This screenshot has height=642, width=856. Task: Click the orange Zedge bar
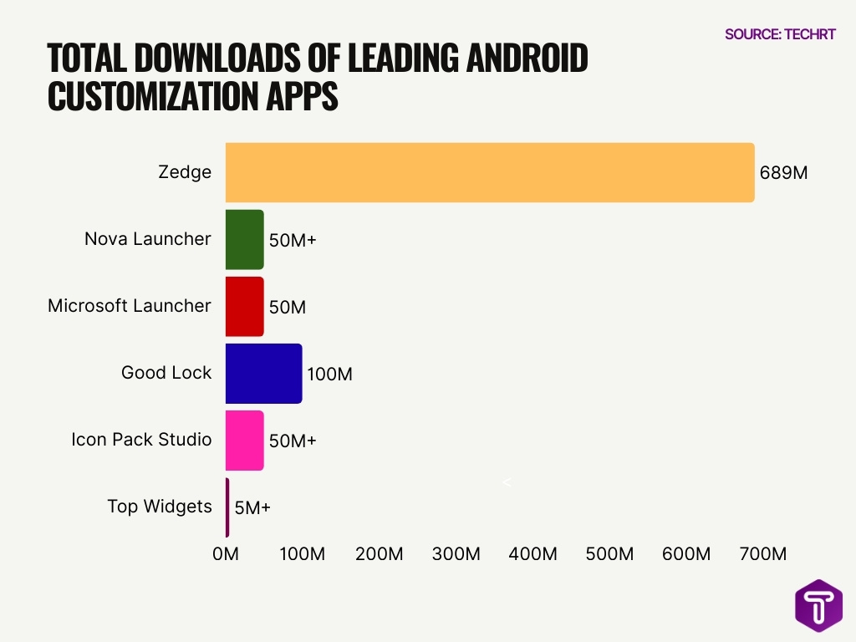tap(490, 172)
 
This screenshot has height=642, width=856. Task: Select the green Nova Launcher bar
tap(244, 240)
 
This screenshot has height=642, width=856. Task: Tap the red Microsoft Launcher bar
tap(244, 307)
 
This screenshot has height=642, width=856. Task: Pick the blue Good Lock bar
tap(263, 374)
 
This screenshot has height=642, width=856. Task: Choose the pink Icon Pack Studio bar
tap(244, 441)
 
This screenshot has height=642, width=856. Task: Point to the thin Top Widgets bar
tap(227, 507)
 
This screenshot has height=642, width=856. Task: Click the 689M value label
tap(783, 173)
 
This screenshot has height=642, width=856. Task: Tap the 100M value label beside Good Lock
tap(329, 374)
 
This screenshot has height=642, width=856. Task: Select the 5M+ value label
tap(252, 507)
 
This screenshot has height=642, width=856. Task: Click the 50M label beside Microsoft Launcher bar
tap(287, 307)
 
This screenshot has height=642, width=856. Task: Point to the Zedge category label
tap(185, 172)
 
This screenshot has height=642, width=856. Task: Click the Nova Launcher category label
tap(147, 239)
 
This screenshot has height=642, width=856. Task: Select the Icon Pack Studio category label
tap(141, 440)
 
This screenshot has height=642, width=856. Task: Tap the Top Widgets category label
tap(159, 507)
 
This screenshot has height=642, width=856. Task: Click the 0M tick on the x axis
tap(226, 553)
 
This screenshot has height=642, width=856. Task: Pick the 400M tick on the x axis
tap(532, 553)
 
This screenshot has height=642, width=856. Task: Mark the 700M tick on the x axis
tap(763, 553)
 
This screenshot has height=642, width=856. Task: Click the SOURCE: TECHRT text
tap(779, 34)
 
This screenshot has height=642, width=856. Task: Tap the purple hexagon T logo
tap(818, 605)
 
